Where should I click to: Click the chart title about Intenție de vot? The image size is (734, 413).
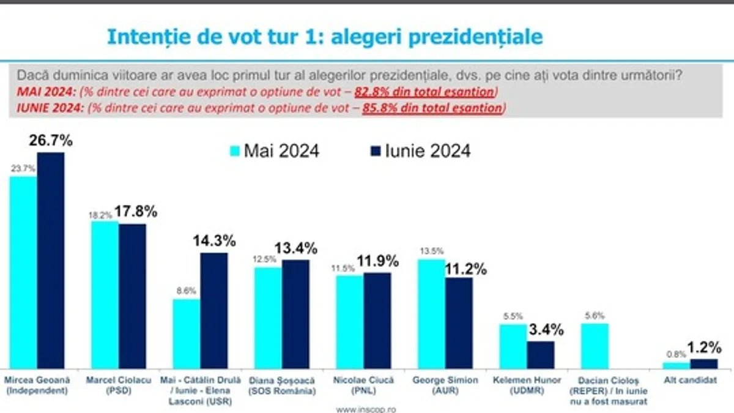point(324,37)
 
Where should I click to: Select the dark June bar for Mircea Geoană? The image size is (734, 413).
point(50,260)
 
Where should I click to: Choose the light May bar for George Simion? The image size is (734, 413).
point(431,313)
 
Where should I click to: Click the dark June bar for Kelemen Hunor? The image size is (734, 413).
point(541,355)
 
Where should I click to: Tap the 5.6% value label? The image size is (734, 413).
point(595,316)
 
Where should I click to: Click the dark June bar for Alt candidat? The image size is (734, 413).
point(703,363)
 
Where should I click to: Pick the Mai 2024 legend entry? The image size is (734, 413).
point(273,151)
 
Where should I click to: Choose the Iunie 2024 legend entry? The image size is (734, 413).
point(420,151)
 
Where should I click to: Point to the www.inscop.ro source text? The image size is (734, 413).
point(366,406)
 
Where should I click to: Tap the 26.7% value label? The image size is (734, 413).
point(51,141)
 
